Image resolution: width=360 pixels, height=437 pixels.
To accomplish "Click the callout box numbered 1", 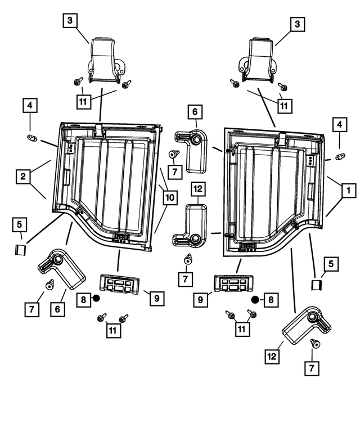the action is pos(348,191).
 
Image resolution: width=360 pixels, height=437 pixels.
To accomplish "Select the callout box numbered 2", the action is pos(23,177).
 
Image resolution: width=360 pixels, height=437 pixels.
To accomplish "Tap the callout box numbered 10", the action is pos(170,197).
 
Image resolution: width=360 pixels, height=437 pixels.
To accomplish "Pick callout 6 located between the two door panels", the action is pos(195,112).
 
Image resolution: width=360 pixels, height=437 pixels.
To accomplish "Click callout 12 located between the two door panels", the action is pos(198,189).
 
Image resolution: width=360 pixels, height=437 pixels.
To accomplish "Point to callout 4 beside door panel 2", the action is pos(30,105).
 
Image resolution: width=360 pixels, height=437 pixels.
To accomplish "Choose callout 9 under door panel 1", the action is pos(200,300).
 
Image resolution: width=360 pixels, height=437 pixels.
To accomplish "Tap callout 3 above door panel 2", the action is pos(70,20).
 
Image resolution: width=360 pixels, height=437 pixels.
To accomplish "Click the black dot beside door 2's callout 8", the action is pos(96,299).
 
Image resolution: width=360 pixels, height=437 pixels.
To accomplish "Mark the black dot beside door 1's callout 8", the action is pos(255,300).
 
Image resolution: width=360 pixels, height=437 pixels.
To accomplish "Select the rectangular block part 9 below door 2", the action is pos(119,284).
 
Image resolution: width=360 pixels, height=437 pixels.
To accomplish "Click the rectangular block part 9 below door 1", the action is pos(233,283).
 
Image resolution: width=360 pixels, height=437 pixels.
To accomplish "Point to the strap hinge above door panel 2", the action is pos(105,60).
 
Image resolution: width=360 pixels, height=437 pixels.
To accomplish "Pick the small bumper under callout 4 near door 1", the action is pos(340,156).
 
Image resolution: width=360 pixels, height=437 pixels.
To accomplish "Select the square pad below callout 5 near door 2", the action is pos(20,250).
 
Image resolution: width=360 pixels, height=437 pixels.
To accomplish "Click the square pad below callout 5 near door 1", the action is pos(317,285).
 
